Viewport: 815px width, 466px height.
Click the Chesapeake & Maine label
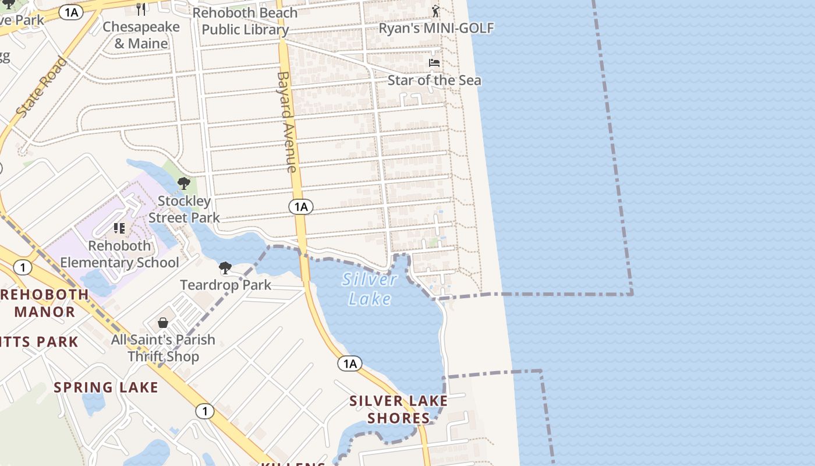pyautogui.click(x=141, y=35)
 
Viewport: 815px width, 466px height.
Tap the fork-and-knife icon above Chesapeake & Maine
pyautogui.click(x=141, y=9)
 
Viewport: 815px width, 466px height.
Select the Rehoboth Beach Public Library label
pyautogui.click(x=245, y=21)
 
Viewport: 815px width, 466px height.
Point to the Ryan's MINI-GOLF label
pyautogui.click(x=436, y=28)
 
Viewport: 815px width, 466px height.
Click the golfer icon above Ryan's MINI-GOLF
pyautogui.click(x=435, y=10)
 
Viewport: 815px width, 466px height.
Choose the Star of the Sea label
pyautogui.click(x=434, y=80)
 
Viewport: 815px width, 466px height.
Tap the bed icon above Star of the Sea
pyautogui.click(x=434, y=62)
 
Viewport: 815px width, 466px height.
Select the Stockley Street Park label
pyautogui.click(x=184, y=209)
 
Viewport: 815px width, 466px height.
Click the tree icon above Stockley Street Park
pyautogui.click(x=184, y=183)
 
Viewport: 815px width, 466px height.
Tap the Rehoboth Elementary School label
pyautogui.click(x=120, y=254)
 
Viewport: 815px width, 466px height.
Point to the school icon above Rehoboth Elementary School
pyautogui.click(x=119, y=228)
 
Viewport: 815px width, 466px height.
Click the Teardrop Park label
pyautogui.click(x=225, y=285)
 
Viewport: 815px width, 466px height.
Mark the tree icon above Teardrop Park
pyautogui.click(x=225, y=268)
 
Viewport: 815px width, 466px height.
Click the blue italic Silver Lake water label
pyautogui.click(x=370, y=289)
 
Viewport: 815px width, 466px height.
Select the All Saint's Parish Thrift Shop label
pyautogui.click(x=163, y=348)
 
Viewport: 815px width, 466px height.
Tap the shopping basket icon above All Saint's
pyautogui.click(x=163, y=323)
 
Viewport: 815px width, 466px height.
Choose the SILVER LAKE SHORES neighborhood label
pyautogui.click(x=399, y=409)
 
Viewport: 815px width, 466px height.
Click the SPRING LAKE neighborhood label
pyautogui.click(x=106, y=387)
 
